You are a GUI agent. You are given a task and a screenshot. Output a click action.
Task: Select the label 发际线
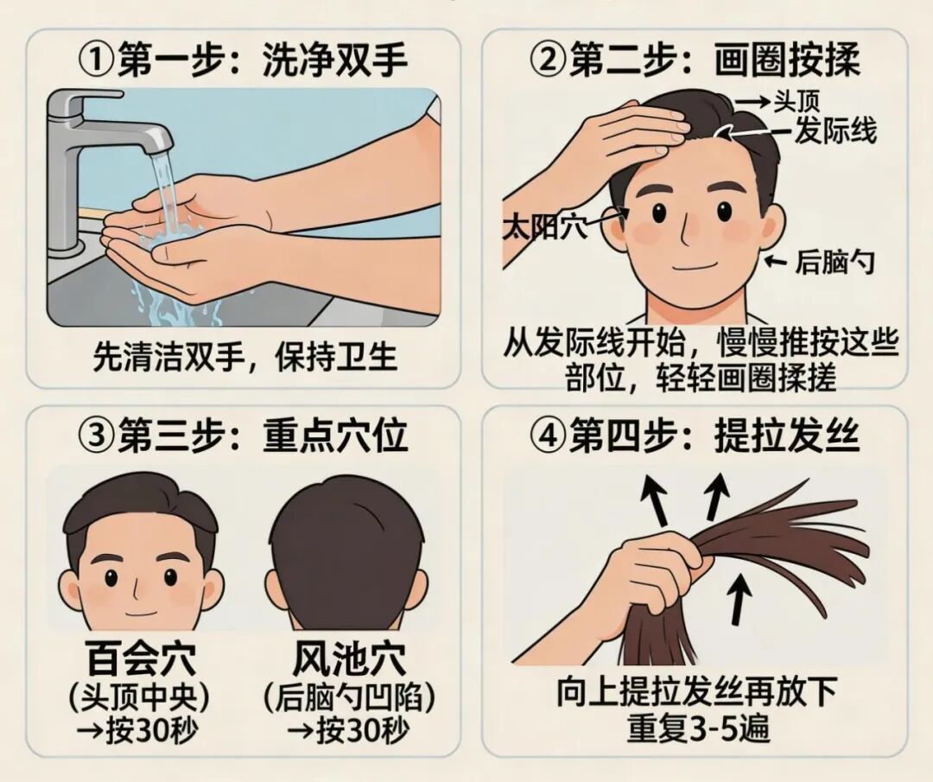835,131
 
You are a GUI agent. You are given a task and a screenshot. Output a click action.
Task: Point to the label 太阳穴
545,228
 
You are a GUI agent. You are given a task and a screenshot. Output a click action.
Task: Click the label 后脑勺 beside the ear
835,262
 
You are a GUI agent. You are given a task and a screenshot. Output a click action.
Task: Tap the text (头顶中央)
141,696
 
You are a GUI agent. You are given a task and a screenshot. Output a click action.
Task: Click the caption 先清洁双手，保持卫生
245,357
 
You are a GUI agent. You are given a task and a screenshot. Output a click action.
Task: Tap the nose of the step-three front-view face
140,583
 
